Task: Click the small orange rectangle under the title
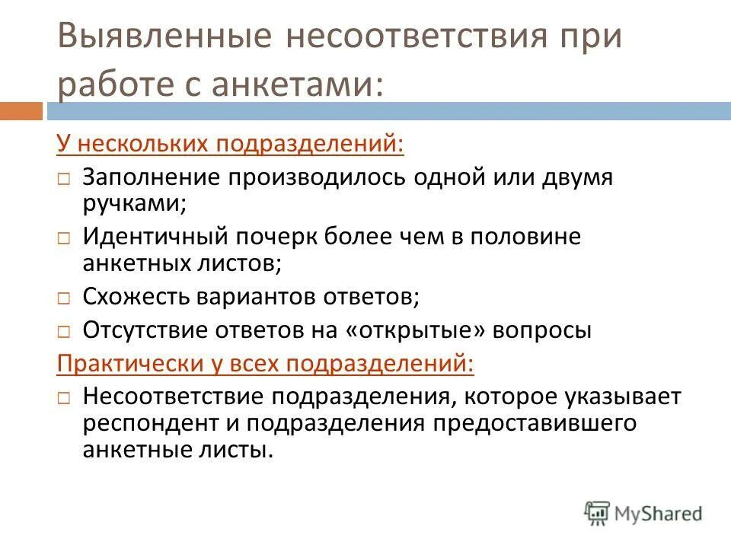21,111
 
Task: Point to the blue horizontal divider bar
388,111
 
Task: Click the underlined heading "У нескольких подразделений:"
231,143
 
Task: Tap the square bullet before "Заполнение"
65,179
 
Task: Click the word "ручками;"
135,204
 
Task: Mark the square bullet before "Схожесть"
65,298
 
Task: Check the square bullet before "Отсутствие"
65,332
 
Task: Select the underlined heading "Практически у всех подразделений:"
266,364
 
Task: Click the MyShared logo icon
598,512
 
